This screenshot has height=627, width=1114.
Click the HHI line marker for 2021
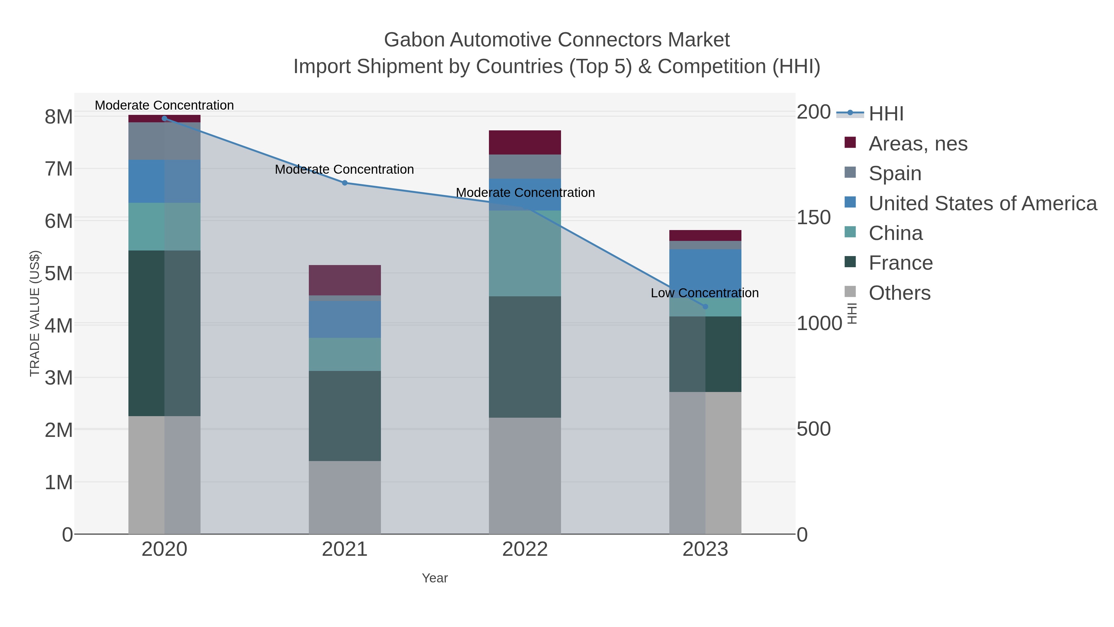coord(345,183)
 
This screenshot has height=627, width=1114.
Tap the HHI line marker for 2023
coord(705,307)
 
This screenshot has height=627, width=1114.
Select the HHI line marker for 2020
coord(164,119)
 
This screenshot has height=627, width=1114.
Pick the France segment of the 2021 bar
coord(345,416)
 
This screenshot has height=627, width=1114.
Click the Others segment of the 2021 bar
coord(345,497)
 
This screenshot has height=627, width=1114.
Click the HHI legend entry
coord(886,114)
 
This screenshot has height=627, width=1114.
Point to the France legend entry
coord(900,263)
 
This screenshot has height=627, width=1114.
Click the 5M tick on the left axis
coord(59,273)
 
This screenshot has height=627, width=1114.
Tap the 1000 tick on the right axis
coord(819,324)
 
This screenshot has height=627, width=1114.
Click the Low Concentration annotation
coord(705,293)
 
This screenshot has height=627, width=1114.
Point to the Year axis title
coord(435,578)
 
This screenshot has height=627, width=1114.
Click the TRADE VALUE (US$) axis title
coord(35,313)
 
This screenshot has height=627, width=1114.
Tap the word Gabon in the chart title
coord(414,40)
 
